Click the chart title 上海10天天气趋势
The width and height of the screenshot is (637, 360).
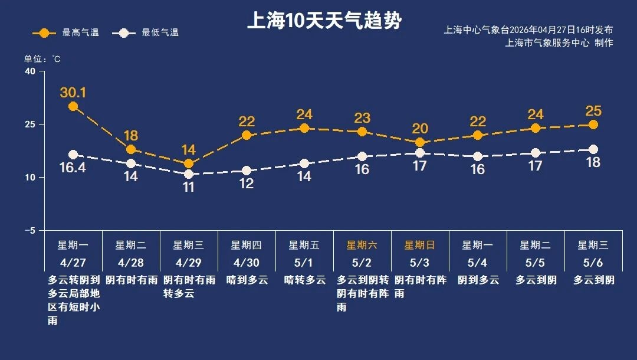click(324, 22)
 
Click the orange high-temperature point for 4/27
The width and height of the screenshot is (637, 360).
click(73, 106)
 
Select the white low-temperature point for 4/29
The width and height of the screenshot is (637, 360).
click(189, 174)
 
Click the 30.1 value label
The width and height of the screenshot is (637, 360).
click(73, 93)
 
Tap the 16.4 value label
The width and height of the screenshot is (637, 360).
click(73, 168)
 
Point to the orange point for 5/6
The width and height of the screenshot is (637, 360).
click(593, 125)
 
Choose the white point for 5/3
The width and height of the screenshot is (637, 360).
click(420, 153)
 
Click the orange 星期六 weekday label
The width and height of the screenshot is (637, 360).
click(362, 245)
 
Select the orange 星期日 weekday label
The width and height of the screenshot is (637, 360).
click(419, 245)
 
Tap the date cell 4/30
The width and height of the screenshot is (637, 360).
click(246, 262)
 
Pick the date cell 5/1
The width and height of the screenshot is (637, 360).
click(304, 262)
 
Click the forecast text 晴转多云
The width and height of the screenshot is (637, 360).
click(304, 280)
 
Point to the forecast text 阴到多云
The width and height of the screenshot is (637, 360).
click(478, 280)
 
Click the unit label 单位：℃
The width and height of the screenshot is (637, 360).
click(42, 59)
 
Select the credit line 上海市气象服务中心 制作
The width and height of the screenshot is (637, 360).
click(559, 42)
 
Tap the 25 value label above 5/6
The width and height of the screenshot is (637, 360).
click(593, 111)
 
